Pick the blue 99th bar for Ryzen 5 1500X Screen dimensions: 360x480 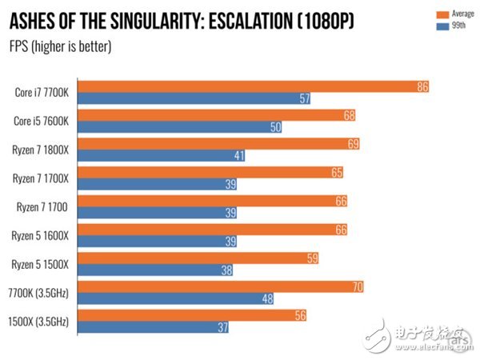click(160, 270)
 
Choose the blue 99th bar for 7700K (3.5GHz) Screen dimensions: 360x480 click(180, 299)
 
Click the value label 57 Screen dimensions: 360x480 click(304, 98)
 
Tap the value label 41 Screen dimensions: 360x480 click(239, 155)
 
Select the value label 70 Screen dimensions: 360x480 click(358, 286)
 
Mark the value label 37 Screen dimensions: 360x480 click(222, 327)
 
